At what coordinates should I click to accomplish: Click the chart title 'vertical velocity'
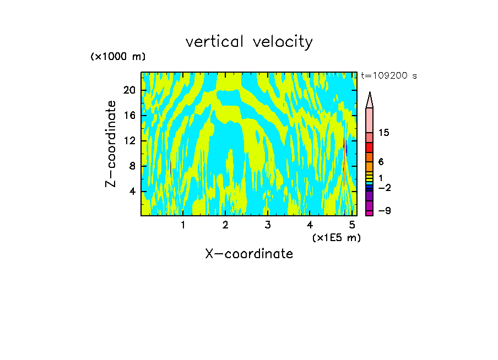249,42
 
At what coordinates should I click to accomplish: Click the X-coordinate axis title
249,254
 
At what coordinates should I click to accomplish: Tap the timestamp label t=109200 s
388,76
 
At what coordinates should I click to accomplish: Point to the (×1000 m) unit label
118,57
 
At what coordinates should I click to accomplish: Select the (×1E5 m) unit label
336,238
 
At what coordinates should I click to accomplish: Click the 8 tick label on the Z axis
132,166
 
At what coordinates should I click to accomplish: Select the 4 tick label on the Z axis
132,192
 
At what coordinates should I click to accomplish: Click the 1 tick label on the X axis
183,225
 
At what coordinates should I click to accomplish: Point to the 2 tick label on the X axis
225,225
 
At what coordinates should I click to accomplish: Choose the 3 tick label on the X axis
267,225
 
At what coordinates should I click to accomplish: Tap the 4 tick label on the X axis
310,225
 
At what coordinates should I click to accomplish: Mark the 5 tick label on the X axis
351,225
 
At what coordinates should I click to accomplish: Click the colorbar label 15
384,133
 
